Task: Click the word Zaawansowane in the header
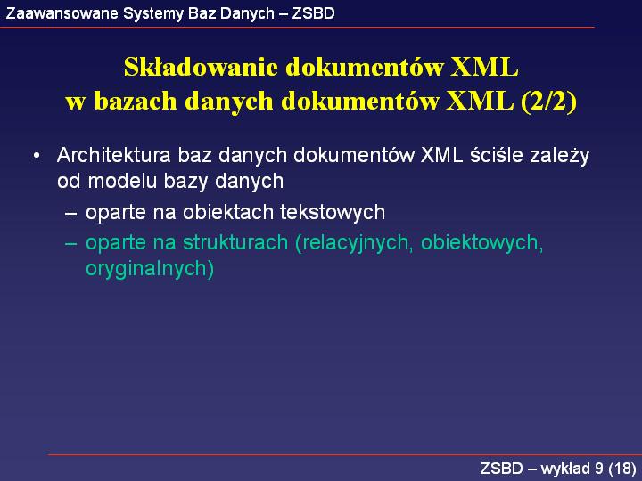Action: [x=62, y=13]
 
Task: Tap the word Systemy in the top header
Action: [x=153, y=14]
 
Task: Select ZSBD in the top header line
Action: [x=313, y=13]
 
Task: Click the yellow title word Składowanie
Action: [x=201, y=67]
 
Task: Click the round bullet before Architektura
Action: [x=37, y=156]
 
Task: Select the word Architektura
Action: [x=114, y=155]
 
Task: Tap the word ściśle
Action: [x=497, y=155]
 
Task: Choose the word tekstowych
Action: [x=333, y=213]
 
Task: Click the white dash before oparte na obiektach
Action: [x=70, y=214]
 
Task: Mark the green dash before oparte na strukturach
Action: [x=70, y=244]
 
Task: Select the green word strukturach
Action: [x=235, y=242]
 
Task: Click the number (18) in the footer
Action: [x=622, y=469]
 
